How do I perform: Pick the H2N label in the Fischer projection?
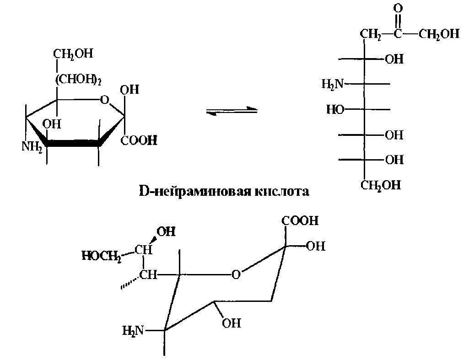pyautogui.click(x=332, y=84)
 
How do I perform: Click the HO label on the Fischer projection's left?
pyautogui.click(x=335, y=109)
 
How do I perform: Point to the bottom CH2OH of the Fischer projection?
pyautogui.click(x=380, y=185)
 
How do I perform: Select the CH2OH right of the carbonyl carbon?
pyautogui.click(x=438, y=34)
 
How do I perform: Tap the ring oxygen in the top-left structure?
pyautogui.click(x=105, y=99)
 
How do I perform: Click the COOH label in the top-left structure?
pyautogui.click(x=139, y=140)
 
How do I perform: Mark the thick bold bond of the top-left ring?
pyautogui.click(x=73, y=144)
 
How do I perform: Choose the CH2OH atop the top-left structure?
pyautogui.click(x=73, y=54)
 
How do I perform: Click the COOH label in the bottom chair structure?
pyautogui.click(x=300, y=221)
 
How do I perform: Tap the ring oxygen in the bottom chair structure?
pyautogui.click(x=235, y=275)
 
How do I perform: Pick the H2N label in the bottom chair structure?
pyautogui.click(x=133, y=329)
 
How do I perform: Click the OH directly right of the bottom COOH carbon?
pyautogui.click(x=316, y=246)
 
